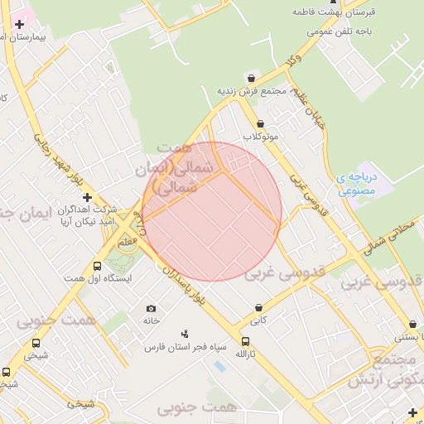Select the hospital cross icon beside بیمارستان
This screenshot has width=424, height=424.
coord(19,24)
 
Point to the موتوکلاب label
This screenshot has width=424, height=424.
coord(261,135)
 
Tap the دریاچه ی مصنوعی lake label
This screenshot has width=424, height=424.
coord(357,183)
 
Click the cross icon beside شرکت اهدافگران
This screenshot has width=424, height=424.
coord(87,197)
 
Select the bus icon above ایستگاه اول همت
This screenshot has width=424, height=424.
coord(97,266)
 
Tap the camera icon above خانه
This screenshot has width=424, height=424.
coord(151,308)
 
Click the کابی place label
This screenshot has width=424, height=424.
coord(259,319)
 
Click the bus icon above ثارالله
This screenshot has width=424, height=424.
coord(244,340)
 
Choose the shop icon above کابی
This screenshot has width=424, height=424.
coord(259,306)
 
